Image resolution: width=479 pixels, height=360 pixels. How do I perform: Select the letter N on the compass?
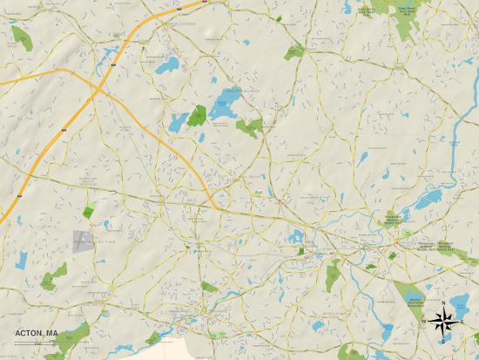tap(443, 302)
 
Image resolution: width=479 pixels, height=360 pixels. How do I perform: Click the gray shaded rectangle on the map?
tap(83, 241)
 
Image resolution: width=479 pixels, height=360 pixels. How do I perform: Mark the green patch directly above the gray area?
tap(89, 210)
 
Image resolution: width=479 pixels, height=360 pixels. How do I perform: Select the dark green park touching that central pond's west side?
tap(198, 115)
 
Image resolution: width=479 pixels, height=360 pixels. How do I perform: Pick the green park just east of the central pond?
tap(249, 127)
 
